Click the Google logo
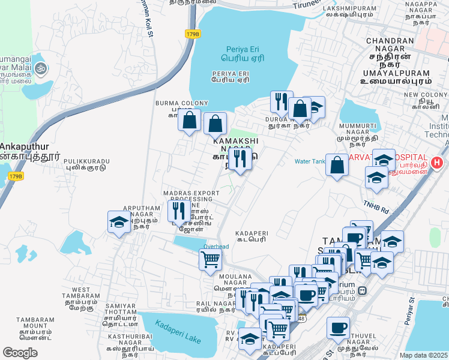pyautogui.click(x=20, y=352)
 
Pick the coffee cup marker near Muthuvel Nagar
pyautogui.click(x=339, y=328)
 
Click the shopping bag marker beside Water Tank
pyautogui.click(x=337, y=165)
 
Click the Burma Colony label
pyautogui.click(x=173, y=103)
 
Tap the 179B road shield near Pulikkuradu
pyautogui.click(x=16, y=176)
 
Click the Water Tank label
pyautogui.click(x=309, y=161)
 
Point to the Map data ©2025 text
pyautogui.click(x=424, y=355)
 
